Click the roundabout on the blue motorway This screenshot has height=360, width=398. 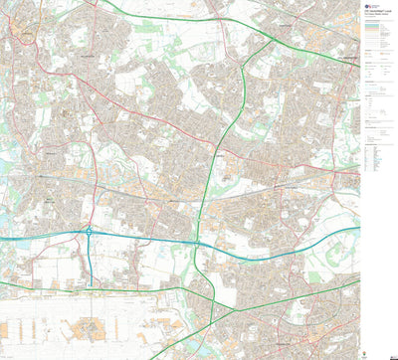pyautogui.click(x=89, y=232)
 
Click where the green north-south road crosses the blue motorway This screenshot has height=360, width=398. pyautogui.click(x=198, y=243)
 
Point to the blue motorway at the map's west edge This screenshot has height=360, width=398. pyautogui.click(x=3, y=240)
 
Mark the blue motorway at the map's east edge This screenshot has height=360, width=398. pyautogui.click(x=356, y=227)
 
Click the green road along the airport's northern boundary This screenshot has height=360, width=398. pyautogui.click(x=80, y=288)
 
